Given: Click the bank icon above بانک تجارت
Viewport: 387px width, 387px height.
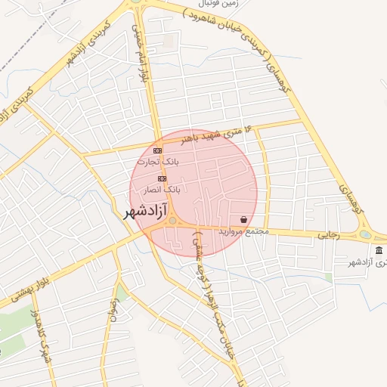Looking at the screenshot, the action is (x=157, y=150).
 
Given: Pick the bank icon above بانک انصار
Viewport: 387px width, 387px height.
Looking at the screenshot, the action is (x=162, y=178).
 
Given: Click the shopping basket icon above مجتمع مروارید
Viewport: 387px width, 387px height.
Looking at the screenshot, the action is (x=244, y=218).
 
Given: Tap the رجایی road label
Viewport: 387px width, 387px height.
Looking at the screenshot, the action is (x=329, y=236).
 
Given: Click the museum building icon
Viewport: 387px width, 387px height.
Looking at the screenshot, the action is (x=378, y=250).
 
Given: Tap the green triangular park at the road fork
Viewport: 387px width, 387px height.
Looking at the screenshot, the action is (x=120, y=294).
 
